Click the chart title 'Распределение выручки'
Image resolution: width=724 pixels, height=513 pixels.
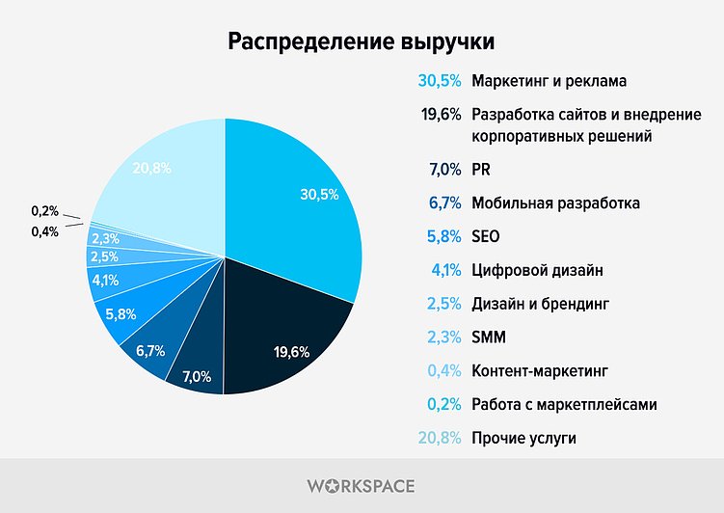[x=362, y=42]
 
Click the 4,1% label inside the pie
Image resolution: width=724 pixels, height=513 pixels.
[x=104, y=281]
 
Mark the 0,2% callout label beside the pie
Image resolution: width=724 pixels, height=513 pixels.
[x=44, y=210]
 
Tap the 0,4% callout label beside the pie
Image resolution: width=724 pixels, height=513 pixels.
[x=44, y=231]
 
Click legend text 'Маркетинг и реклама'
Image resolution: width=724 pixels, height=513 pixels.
[x=550, y=80]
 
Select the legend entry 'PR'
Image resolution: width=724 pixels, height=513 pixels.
[x=481, y=170]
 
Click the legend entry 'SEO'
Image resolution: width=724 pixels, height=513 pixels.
[x=486, y=236]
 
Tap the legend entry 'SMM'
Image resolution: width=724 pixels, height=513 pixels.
[x=488, y=337]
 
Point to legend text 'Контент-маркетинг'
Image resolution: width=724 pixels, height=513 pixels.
[x=541, y=370]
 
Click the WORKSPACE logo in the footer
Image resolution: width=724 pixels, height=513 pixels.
[x=362, y=486]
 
